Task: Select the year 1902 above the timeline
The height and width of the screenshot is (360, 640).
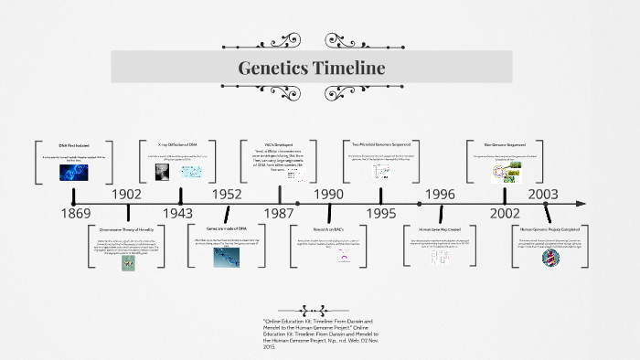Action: [x=128, y=195]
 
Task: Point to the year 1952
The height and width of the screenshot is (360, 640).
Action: [x=227, y=195]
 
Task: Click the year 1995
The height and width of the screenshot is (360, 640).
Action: [x=382, y=213]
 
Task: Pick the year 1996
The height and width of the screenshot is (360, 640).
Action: [x=440, y=195]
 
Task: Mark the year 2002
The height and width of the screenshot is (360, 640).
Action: [x=504, y=213]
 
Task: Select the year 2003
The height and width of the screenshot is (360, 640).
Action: [x=543, y=195]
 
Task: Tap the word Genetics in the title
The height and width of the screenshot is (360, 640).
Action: [x=271, y=68]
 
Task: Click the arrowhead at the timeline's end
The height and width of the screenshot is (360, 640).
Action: [x=579, y=203]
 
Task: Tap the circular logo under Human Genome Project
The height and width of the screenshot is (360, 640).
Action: [x=548, y=258]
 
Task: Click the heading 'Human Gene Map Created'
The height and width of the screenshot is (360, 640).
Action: [x=440, y=228]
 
